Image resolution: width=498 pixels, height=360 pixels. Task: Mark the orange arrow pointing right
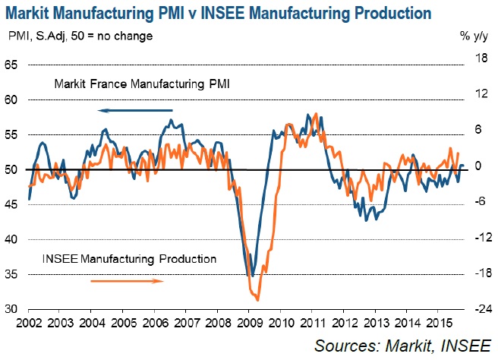click(x=128, y=280)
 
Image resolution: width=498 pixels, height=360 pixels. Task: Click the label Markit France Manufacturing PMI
click(x=142, y=86)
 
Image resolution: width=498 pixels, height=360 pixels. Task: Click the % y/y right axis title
click(x=475, y=36)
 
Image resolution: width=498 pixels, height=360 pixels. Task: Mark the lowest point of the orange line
click(x=258, y=300)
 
